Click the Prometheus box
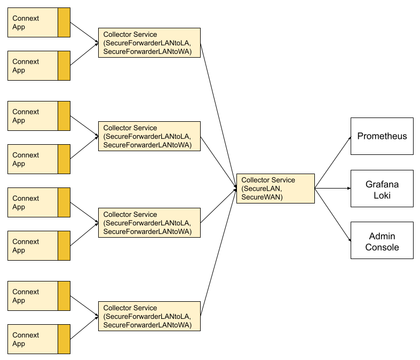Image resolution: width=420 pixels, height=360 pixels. click(382, 136)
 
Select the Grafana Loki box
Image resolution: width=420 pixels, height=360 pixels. click(382, 189)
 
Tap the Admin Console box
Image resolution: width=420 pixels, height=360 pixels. click(382, 240)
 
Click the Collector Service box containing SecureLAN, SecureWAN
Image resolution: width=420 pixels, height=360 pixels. click(275, 189)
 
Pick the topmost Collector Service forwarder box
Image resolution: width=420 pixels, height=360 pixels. click(149, 43)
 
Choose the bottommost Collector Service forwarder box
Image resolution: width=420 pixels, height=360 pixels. click(149, 316)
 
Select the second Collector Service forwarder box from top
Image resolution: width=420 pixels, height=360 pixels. click(149, 136)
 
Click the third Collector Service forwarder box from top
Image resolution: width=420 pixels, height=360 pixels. click(149, 223)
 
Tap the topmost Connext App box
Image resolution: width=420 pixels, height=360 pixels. click(33, 22)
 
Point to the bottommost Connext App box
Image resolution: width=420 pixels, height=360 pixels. click(33, 339)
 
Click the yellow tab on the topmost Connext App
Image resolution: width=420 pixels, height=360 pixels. click(64, 22)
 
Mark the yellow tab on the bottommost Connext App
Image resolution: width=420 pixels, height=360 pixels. click(64, 339)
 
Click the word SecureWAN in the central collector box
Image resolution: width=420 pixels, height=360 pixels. click(261, 198)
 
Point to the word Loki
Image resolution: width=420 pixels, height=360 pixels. click(382, 195)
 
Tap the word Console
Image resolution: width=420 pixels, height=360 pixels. click(382, 247)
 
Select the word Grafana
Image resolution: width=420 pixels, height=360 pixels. click(382, 184)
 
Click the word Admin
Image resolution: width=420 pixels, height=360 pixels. click(382, 236)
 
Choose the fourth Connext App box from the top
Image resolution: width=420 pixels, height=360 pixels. click(33, 159)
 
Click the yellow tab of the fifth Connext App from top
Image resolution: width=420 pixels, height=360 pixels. click(64, 202)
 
